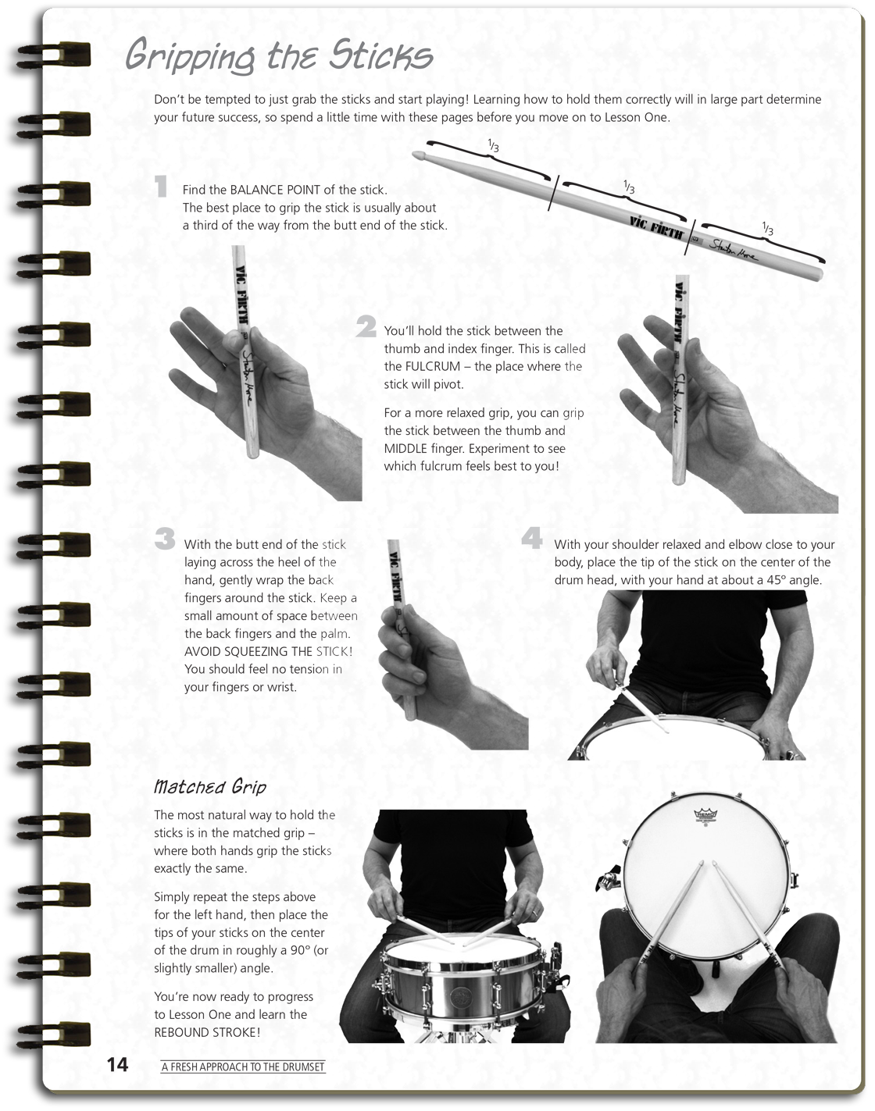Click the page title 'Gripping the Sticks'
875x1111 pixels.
[279, 57]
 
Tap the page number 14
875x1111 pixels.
[117, 1065]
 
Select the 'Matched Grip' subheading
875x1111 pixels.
[210, 785]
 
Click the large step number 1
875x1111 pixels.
[162, 187]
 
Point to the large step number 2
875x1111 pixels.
[366, 327]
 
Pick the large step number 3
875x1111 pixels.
[165, 539]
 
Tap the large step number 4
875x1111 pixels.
[531, 539]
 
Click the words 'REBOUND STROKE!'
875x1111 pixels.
[207, 1032]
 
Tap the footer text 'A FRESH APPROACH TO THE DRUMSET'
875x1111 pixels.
[243, 1067]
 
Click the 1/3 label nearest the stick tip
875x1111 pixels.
[493, 146]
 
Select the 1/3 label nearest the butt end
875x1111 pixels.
[767, 229]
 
